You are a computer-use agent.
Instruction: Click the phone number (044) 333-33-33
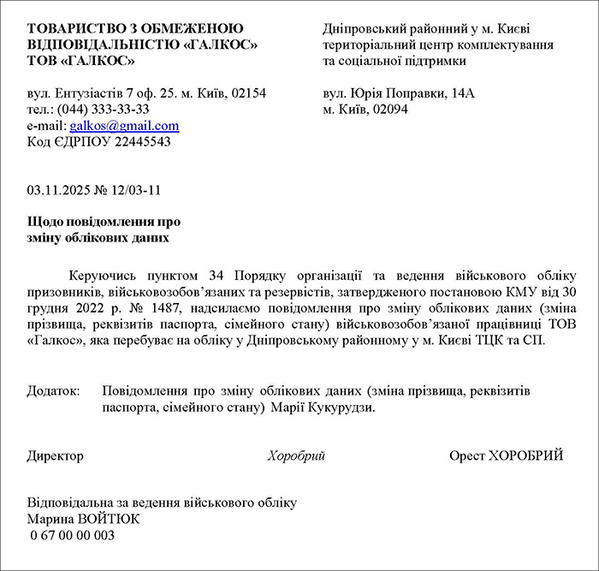click(104, 110)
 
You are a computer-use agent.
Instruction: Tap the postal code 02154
click(248, 93)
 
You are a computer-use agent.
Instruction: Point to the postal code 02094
click(390, 110)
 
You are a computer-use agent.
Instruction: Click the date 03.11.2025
click(58, 189)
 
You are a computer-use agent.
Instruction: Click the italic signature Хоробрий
click(296, 455)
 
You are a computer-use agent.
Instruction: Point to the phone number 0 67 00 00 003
click(71, 535)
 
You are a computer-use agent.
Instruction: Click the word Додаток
click(53, 390)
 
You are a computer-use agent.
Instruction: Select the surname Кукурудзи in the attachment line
click(344, 407)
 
